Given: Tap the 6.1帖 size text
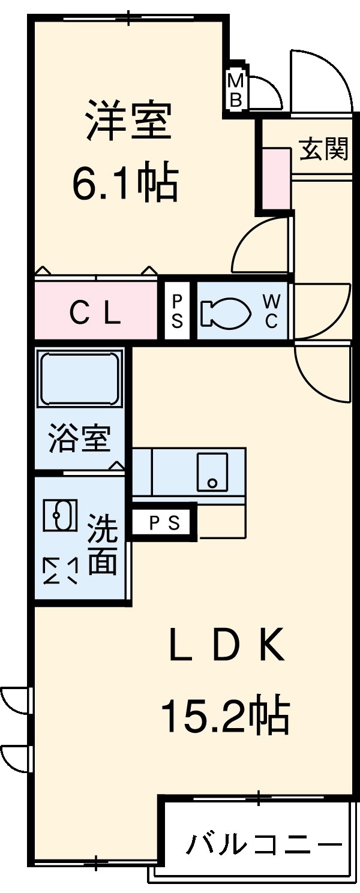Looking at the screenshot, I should (x=125, y=182).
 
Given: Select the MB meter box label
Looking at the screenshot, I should (x=236, y=91).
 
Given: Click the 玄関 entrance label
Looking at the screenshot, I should (x=324, y=148).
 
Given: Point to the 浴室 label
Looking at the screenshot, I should (x=79, y=438).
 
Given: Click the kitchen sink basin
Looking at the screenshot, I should (x=212, y=471).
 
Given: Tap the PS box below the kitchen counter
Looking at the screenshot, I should (x=164, y=523).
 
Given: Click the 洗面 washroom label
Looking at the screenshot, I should (x=103, y=545).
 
